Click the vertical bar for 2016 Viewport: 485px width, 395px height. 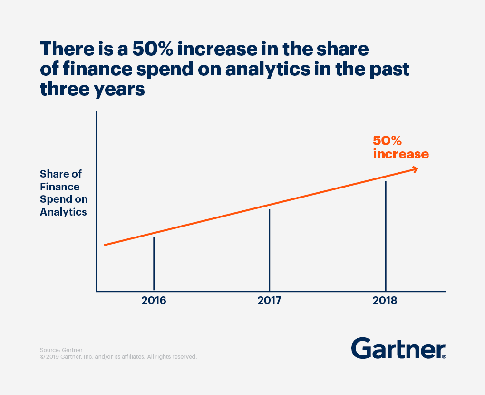coord(154,264)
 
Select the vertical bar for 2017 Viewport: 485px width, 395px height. coord(270,250)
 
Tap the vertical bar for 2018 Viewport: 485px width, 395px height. coord(386,236)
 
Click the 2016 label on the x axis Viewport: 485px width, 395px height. coord(154,301)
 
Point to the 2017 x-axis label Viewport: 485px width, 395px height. coord(270,301)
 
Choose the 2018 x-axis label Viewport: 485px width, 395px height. coord(386,301)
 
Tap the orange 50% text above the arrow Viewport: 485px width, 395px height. coord(388,141)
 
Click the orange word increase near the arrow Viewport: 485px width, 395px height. coord(401,154)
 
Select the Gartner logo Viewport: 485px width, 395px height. coord(398,348)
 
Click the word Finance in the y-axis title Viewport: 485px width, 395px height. coord(60,187)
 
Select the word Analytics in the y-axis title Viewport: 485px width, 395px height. coord(63,212)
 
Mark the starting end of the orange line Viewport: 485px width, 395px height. coord(106,245)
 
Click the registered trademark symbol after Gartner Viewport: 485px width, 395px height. coord(444,356)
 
